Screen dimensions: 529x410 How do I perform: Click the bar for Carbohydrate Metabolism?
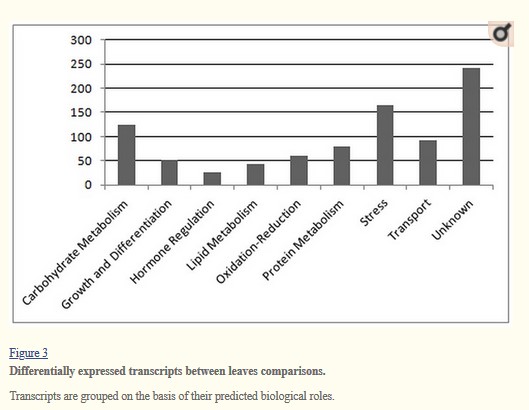point(127,155)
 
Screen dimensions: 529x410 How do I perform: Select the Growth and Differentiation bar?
point(169,173)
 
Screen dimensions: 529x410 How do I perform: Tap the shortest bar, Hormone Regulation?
point(212,179)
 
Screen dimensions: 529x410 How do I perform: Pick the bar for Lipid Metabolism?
point(255,174)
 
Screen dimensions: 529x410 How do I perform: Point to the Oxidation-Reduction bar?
point(299,170)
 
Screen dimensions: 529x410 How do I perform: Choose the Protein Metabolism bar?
point(342,166)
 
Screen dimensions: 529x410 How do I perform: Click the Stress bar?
point(385,145)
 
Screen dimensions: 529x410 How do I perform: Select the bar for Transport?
point(428,163)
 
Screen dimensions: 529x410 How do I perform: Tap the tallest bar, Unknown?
point(471,127)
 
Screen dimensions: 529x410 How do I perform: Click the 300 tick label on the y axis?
point(81,40)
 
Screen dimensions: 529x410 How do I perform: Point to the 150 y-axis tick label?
point(81,112)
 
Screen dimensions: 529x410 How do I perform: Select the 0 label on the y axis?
point(88,185)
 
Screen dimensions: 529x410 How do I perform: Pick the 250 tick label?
point(81,64)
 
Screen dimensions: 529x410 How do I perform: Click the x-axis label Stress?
point(374,213)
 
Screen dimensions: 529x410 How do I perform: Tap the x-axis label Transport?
point(409,220)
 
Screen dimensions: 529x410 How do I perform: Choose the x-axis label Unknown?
point(452,220)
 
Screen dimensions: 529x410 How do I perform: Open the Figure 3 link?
point(29,353)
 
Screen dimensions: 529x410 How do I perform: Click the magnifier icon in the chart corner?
point(501,33)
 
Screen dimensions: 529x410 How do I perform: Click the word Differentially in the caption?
point(42,371)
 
